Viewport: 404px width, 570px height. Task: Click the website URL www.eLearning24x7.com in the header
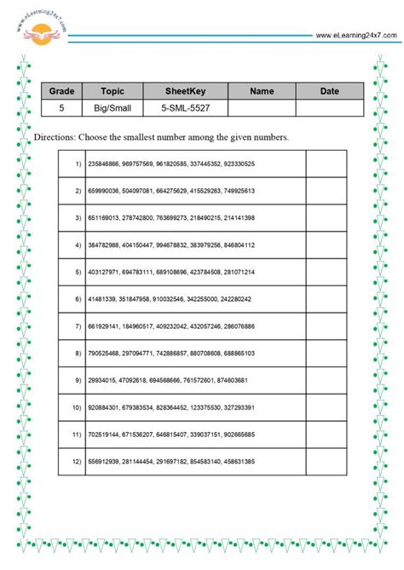[x=355, y=36]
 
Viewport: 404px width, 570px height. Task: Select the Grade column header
[x=61, y=91]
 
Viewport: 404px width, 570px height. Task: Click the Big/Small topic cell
[x=113, y=108]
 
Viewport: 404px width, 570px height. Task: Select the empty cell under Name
[x=262, y=108]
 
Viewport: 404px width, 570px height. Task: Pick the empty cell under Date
[x=329, y=108]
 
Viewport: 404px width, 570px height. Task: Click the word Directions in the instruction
[x=56, y=137]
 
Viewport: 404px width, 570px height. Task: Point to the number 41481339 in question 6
[x=101, y=300]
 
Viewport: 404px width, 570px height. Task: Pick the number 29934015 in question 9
[x=101, y=382]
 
